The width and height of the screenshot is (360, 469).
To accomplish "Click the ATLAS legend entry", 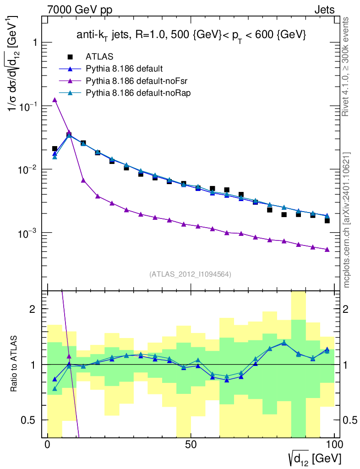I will (99, 57).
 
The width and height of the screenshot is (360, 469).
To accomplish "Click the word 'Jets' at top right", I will (324, 10).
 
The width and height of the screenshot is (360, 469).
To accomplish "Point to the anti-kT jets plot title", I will (191, 35).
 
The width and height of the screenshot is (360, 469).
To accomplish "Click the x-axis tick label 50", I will (191, 445).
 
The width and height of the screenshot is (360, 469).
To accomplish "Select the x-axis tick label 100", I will (334, 445).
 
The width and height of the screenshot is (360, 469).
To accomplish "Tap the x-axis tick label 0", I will (48, 445).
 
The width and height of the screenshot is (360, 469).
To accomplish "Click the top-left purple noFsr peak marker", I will (55, 100).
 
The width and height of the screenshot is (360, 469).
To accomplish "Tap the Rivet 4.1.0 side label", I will (347, 67).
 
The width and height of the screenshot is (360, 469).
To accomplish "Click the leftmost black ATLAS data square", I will (55, 148).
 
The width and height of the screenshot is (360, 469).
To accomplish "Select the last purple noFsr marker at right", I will (327, 250).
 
